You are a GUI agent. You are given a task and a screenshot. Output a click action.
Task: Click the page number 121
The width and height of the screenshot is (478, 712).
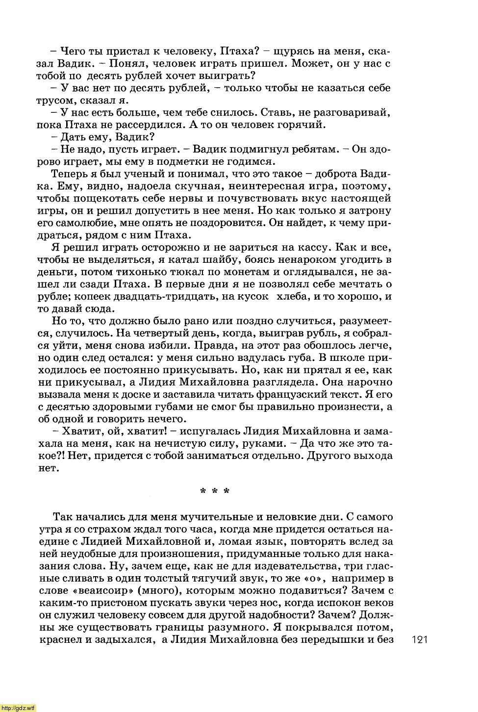pyautogui.click(x=420, y=639)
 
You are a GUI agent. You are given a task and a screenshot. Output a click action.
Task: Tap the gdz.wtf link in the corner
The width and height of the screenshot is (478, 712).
pyautogui.click(x=18, y=708)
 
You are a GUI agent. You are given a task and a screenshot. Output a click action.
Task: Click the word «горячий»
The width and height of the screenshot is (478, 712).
pyautogui.click(x=302, y=125)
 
